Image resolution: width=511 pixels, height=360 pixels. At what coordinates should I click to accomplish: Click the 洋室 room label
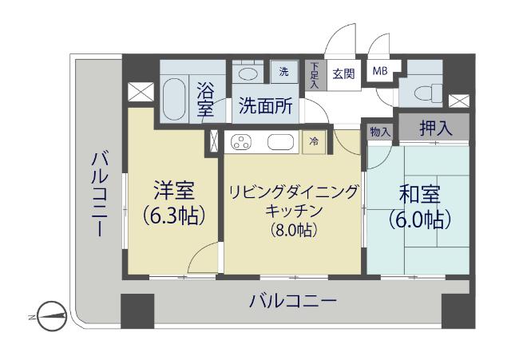tap(175, 192)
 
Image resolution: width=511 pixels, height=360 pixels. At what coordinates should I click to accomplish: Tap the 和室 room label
tap(418, 194)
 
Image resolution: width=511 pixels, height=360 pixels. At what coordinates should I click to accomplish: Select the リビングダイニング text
tap(295, 192)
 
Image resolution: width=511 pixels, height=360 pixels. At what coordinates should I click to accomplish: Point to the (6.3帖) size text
tap(174, 216)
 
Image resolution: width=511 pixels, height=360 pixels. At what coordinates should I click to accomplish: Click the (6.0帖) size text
tap(418, 218)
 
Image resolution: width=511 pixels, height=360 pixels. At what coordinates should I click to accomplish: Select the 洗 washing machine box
tap(283, 70)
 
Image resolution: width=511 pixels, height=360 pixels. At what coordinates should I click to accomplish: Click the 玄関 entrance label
tap(343, 73)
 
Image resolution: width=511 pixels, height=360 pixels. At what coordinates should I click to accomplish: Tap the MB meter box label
tap(378, 70)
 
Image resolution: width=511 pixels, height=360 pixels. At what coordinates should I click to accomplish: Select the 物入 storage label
tap(380, 131)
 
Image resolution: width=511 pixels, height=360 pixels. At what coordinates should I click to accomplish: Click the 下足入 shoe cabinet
tap(315, 74)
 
